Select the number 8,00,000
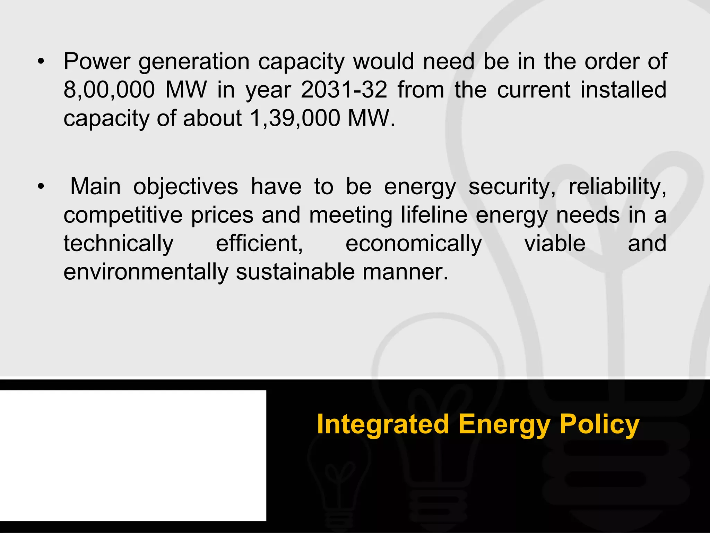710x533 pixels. point(109,90)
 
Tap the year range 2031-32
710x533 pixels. point(344,90)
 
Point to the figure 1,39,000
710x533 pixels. point(294,119)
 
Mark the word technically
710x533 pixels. point(118,244)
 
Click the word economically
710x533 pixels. point(414,244)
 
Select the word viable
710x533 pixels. point(555,244)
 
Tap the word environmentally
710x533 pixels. point(146,272)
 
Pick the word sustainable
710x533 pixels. point(295,272)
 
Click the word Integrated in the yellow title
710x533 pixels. point(383,425)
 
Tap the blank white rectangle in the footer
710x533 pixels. point(133,456)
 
